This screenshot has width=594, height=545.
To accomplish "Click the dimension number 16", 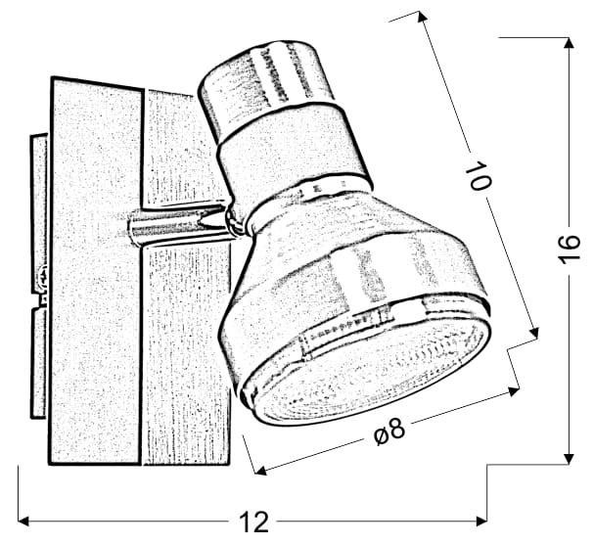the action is click(x=569, y=249).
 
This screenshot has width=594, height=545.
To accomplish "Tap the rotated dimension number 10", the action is click(x=480, y=175).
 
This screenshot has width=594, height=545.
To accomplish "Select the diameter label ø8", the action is click(x=389, y=431).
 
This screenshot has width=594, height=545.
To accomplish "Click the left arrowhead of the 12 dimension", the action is click(x=23, y=522).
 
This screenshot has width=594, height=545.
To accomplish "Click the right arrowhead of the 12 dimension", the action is click(x=481, y=522).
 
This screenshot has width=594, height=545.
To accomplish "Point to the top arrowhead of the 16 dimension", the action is click(x=569, y=43).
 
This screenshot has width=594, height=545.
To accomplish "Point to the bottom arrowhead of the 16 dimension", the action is click(x=569, y=458).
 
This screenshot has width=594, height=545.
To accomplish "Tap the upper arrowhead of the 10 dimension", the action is click(x=423, y=17).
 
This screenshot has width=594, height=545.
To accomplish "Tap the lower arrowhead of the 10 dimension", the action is click(x=533, y=333).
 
